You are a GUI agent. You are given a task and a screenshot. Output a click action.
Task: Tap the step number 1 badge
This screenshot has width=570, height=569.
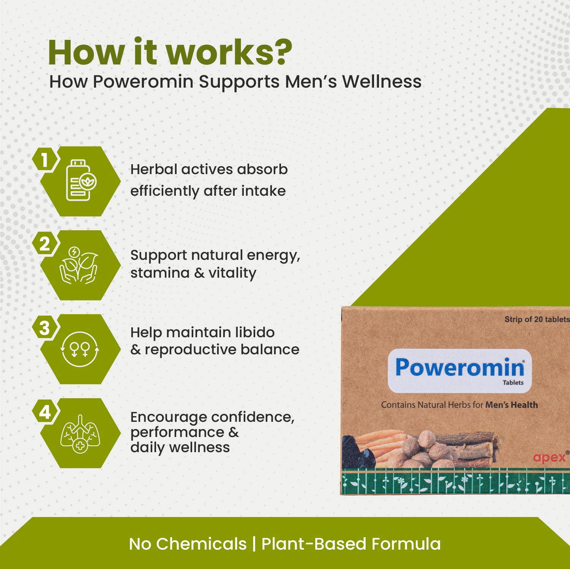coord(45,160)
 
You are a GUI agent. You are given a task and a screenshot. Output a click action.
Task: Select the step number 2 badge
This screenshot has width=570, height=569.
coord(45,244)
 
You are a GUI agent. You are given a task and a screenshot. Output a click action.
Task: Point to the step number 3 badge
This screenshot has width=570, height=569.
coord(45,328)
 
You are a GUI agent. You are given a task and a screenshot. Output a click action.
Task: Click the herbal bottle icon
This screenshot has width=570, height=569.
coord(80,181)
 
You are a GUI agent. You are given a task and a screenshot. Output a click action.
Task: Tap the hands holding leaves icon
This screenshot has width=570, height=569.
coord(79,265)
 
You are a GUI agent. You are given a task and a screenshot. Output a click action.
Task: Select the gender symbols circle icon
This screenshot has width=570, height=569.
coord(80,349)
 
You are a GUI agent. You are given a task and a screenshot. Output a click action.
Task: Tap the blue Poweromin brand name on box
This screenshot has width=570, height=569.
coord(459,368)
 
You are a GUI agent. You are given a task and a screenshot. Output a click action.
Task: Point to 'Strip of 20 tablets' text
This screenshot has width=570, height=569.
coord(537,319)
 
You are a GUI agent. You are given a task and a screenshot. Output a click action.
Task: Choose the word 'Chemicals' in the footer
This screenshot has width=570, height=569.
coord(201,544)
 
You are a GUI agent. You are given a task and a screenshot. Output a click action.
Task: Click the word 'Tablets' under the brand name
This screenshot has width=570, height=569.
coord(513,383)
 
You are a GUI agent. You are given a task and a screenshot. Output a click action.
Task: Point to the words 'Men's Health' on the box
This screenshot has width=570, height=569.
coord(512,405)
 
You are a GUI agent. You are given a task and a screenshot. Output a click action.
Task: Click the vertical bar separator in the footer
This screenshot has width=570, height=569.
coord(254,544)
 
